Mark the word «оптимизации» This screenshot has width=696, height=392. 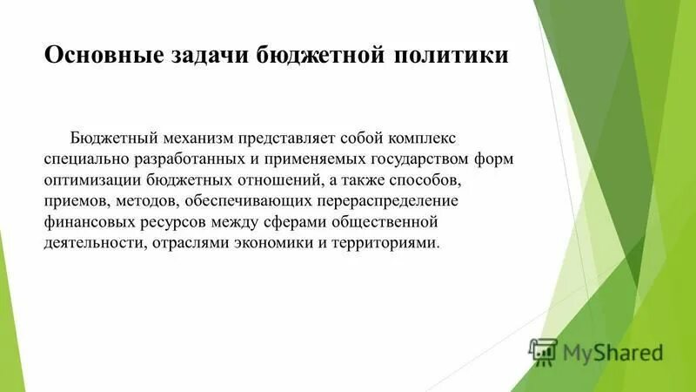click(x=91, y=180)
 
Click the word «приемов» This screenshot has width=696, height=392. click(x=73, y=200)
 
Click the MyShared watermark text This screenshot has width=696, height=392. click(x=612, y=352)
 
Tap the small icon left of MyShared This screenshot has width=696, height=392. click(x=543, y=352)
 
